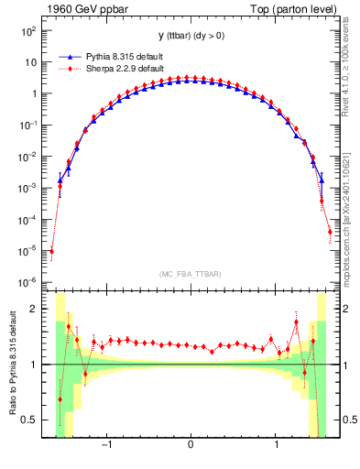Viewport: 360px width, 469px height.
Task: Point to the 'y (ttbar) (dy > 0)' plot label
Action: tap(190, 36)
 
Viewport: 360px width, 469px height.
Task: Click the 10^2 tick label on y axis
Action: tap(28, 31)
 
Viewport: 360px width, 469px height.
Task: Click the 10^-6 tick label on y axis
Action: tap(27, 282)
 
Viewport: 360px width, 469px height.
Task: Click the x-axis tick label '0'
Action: tap(190, 445)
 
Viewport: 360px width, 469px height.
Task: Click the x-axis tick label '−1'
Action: tap(106, 445)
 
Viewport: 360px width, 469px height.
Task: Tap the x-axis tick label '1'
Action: tap(277, 445)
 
